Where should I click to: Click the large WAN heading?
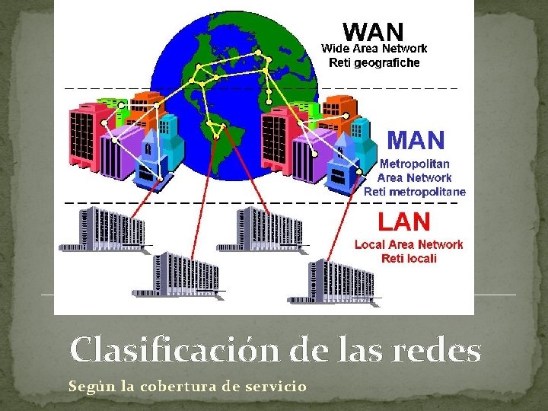373,31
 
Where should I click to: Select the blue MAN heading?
416,141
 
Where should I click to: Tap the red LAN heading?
405,222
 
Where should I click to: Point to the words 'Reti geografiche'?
373,62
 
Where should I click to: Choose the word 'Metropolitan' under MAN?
414,164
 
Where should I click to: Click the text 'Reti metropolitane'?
415,191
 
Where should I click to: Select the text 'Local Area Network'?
409,244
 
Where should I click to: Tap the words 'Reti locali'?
409,258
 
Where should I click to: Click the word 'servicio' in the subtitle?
276,387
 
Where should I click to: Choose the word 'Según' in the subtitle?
88,387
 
